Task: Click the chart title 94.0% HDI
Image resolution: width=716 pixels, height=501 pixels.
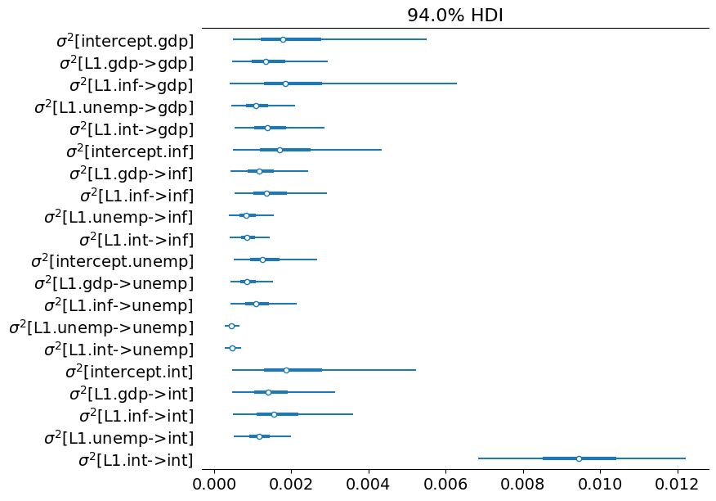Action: pos(455,15)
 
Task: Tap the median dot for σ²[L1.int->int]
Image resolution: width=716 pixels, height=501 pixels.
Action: pos(579,458)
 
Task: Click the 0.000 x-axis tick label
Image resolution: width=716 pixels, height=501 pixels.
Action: pos(214,485)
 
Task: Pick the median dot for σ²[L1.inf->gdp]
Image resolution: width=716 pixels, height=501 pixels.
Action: pos(285,83)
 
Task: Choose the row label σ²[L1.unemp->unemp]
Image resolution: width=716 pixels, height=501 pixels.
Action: pos(101,327)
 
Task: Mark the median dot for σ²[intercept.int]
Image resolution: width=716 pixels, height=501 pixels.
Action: pos(286,370)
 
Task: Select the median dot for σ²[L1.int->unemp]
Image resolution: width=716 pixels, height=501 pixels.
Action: pos(232,348)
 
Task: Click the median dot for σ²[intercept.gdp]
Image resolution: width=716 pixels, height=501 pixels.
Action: pos(283,39)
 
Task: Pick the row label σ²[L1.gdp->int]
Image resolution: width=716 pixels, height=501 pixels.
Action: pos(131,393)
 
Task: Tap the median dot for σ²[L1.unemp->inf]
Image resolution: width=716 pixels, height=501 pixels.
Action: pos(246,215)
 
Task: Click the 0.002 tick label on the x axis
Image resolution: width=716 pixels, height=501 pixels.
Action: pos(292,485)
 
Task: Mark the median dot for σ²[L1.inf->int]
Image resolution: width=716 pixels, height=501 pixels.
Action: pos(274,414)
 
